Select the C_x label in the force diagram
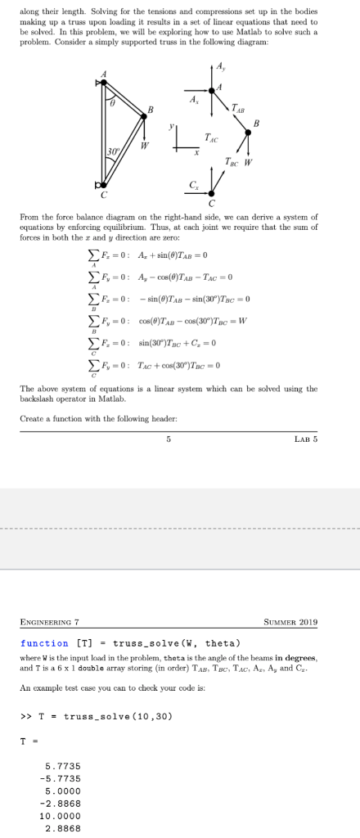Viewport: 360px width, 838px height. (x=193, y=187)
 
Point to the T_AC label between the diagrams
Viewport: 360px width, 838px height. (x=210, y=136)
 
